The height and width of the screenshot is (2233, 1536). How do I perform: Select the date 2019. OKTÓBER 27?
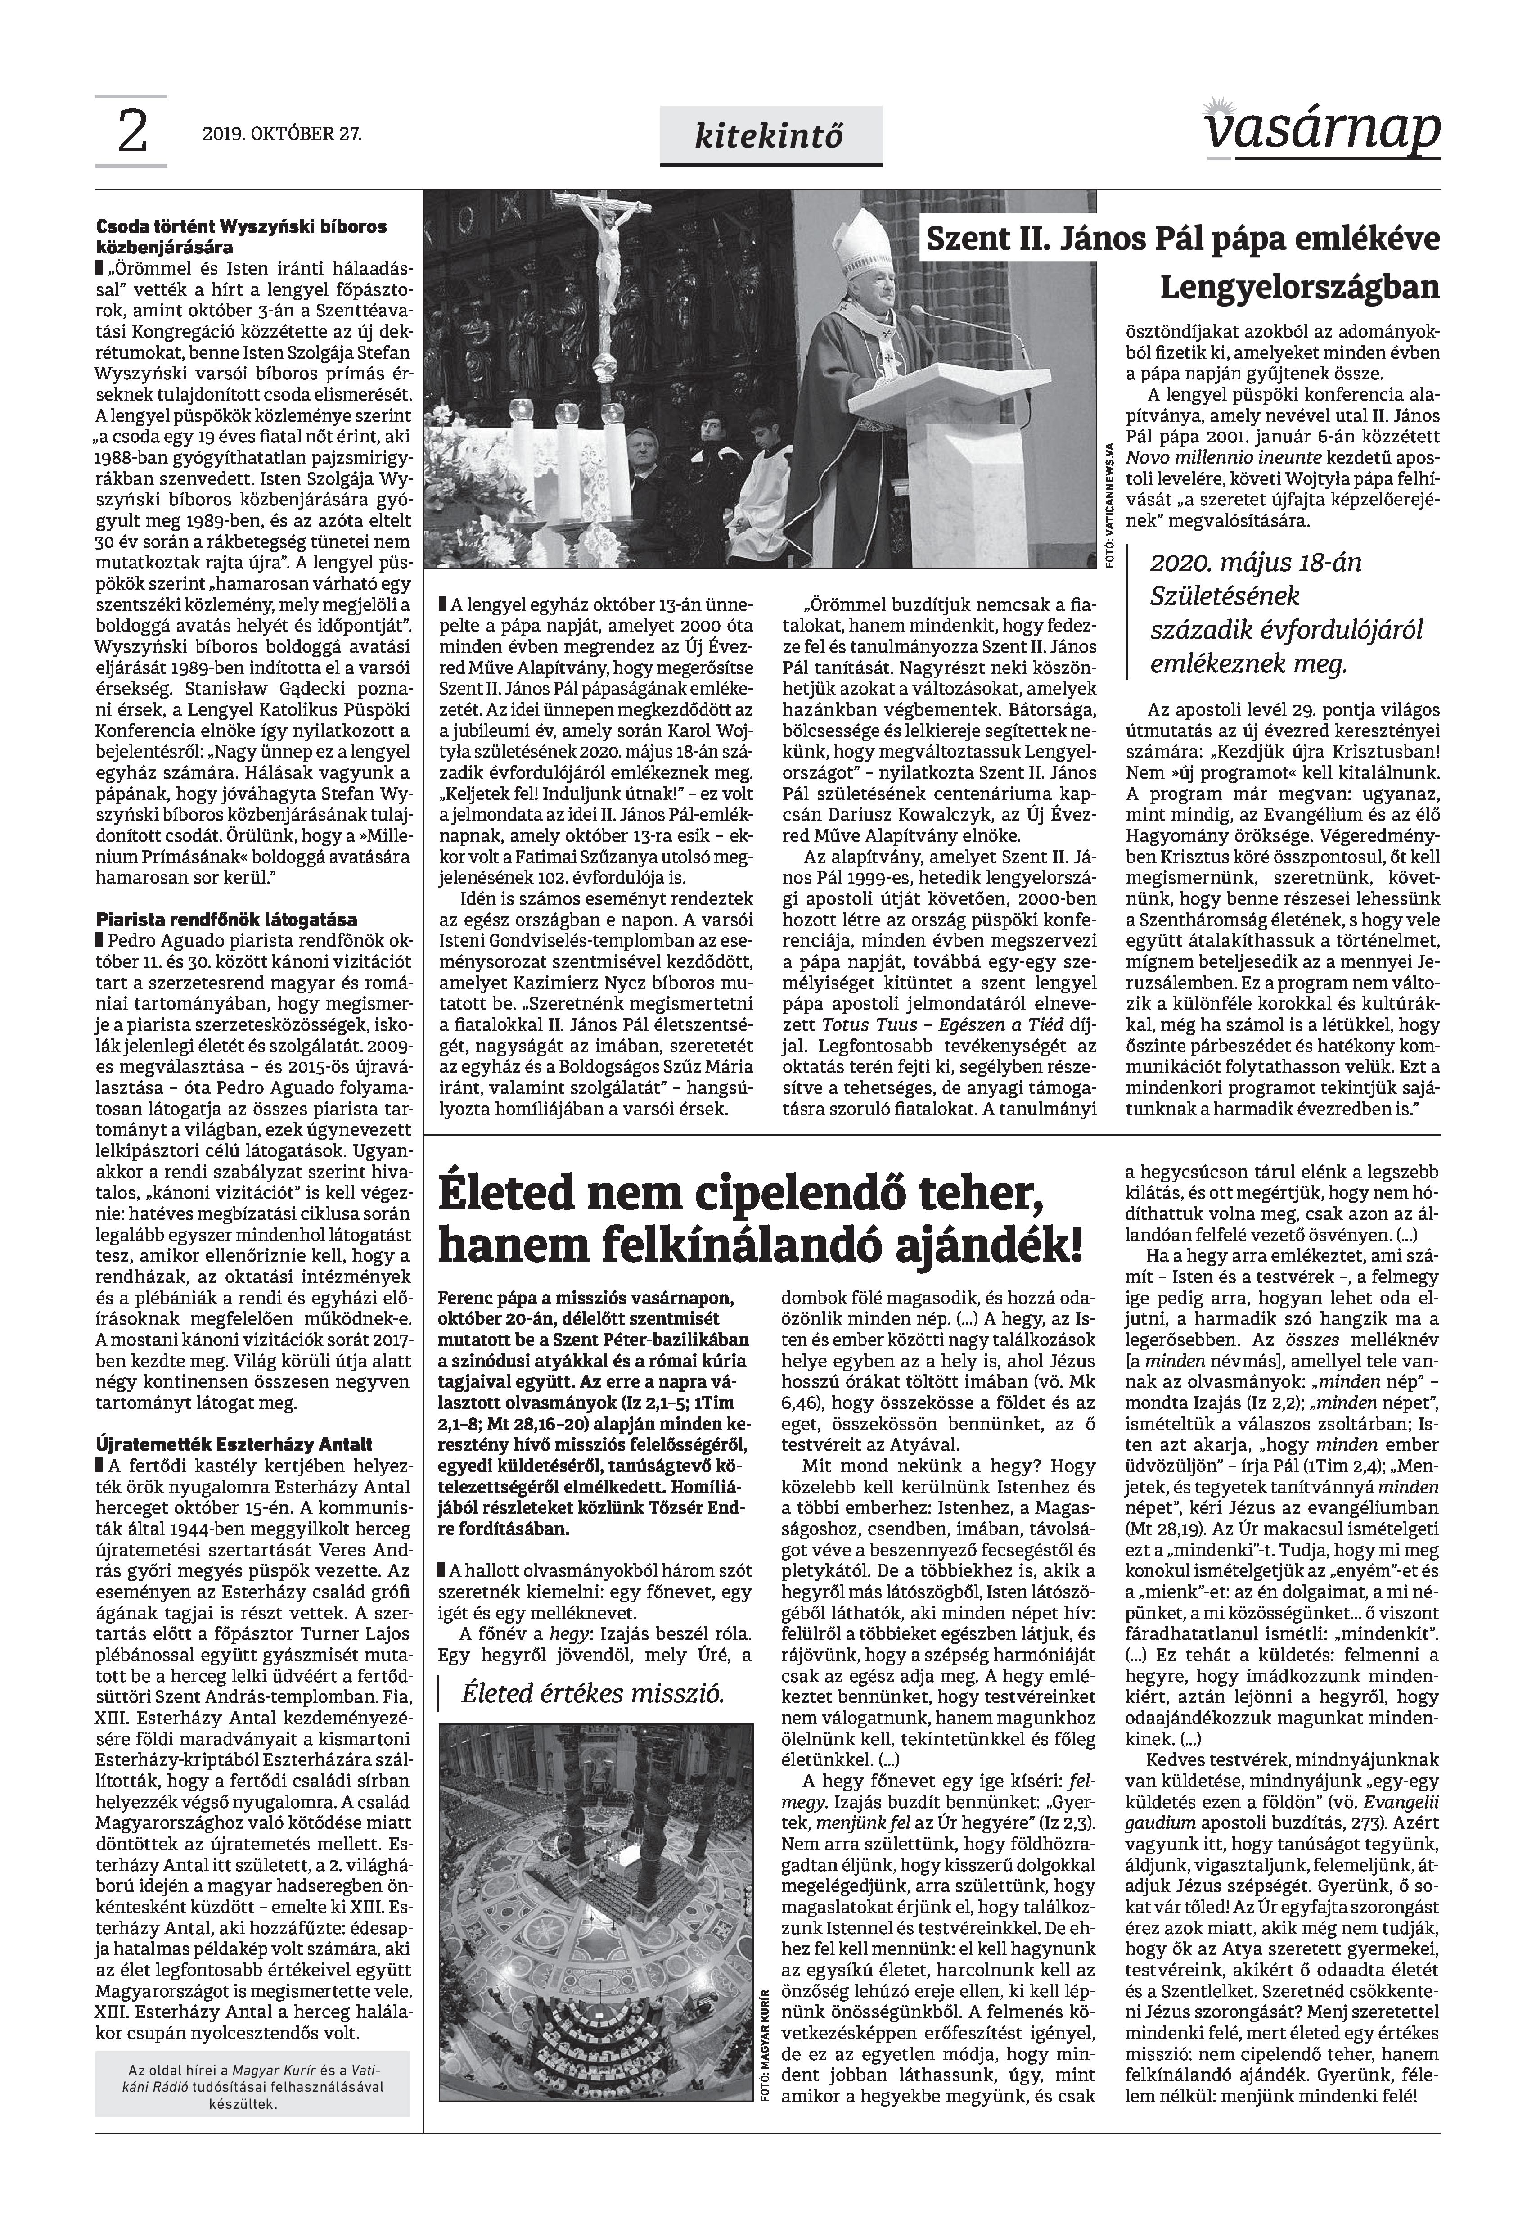(282, 135)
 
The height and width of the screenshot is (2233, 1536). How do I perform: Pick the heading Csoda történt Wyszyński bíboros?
(241, 227)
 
